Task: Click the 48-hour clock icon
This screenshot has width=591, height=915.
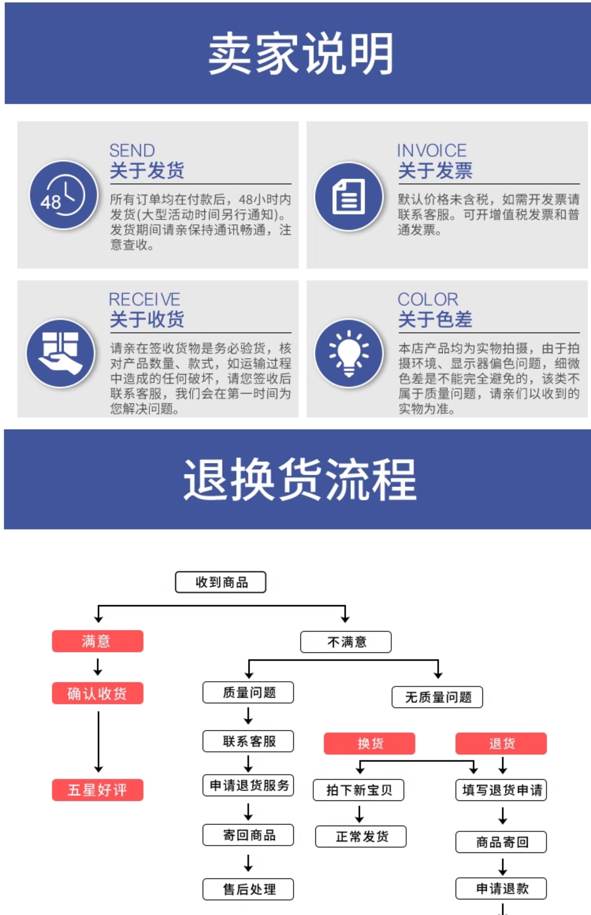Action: point(63,195)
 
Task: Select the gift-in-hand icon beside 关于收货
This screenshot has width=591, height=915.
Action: point(60,353)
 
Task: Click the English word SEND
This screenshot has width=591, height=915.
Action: point(132,150)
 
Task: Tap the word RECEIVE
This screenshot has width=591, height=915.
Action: point(144,299)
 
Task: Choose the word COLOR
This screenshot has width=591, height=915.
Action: point(428,299)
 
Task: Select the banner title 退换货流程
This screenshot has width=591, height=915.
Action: point(300,480)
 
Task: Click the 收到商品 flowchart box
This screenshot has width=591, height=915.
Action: point(220,582)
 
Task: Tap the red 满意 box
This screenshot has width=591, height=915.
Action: point(97,641)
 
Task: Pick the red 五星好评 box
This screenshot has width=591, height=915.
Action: point(97,790)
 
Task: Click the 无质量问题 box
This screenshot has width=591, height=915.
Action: point(437,697)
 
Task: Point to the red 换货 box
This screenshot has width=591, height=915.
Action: point(369,743)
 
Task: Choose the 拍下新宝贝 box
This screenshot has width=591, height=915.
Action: point(358,790)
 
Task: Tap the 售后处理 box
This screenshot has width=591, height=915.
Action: point(248,889)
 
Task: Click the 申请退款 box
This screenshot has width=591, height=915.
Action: point(501,888)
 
